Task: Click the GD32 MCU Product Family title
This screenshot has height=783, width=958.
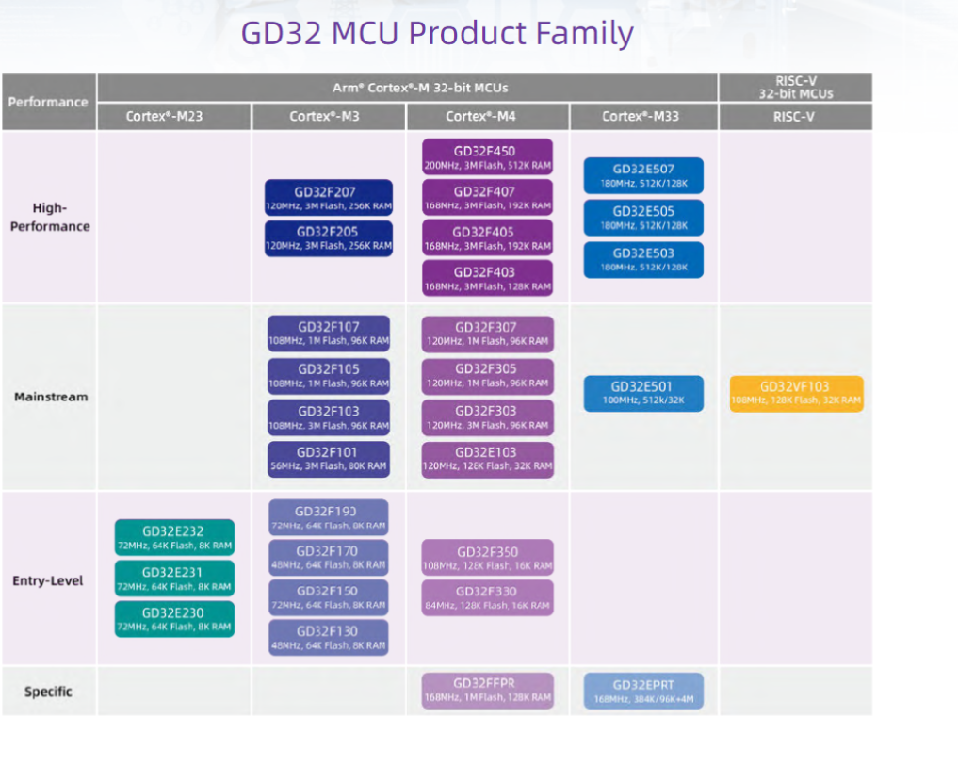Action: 437,33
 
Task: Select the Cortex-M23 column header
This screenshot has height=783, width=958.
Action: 164,117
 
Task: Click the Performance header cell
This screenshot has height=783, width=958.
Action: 48,102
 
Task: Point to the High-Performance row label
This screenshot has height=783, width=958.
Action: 49,217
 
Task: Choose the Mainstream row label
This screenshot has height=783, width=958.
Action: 51,397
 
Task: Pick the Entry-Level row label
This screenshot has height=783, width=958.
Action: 48,580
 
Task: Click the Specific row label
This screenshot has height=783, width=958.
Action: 48,692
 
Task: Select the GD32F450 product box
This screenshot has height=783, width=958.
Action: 487,157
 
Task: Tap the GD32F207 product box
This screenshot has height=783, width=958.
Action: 328,198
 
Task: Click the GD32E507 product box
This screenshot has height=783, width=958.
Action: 643,176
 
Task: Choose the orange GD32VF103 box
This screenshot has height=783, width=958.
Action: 796,393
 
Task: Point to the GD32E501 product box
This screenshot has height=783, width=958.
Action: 643,393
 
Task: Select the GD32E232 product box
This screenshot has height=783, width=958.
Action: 174,537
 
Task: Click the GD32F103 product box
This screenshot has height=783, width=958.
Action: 329,417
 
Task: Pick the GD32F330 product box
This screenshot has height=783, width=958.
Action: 487,597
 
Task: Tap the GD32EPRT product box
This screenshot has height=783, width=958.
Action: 643,691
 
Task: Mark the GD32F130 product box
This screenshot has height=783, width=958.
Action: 329,638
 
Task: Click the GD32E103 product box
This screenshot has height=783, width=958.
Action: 487,459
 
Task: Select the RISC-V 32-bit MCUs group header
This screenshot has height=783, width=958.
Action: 796,88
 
